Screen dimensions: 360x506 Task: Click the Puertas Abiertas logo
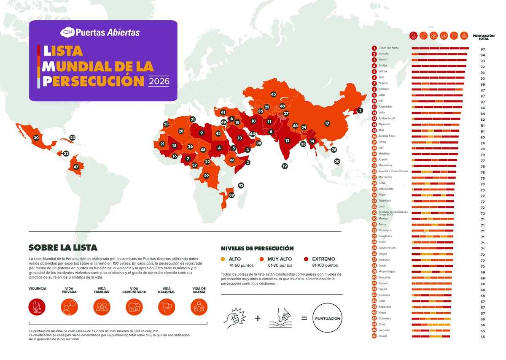[100, 32]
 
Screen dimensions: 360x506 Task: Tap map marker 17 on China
[327, 124]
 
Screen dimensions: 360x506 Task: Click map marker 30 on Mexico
[36, 138]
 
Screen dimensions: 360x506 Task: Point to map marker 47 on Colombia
[76, 167]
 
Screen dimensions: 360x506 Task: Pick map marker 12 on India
[287, 141]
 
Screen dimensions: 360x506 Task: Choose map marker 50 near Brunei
[337, 161]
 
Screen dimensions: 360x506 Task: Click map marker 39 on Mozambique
[231, 195]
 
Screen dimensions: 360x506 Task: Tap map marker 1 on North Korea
[360, 111]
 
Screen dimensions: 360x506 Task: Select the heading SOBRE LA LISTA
[63, 247]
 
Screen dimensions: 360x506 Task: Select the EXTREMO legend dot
[306, 259]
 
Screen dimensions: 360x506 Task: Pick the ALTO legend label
[235, 259]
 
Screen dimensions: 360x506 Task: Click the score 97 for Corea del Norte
[483, 49]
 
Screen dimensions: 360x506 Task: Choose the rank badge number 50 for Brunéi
[374, 336]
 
